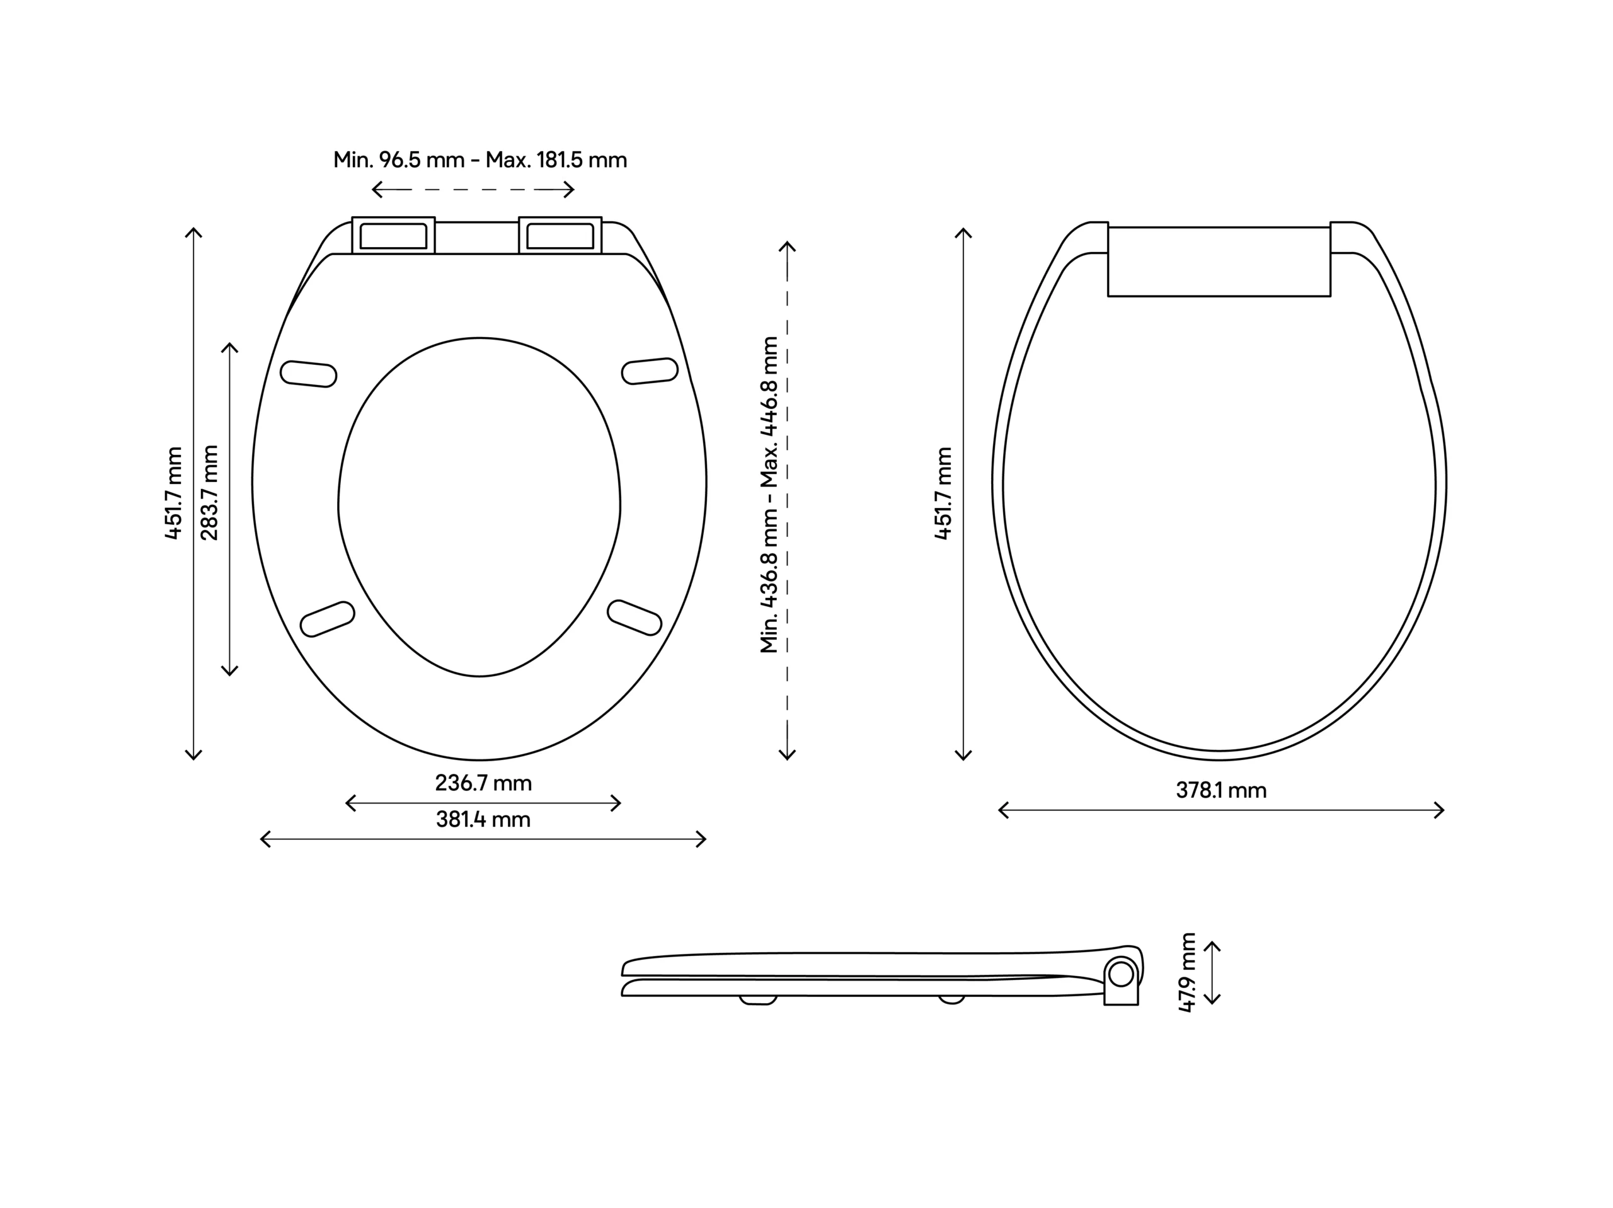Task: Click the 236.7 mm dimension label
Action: click(483, 783)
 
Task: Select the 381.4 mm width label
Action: click(483, 820)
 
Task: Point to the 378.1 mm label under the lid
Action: click(1220, 791)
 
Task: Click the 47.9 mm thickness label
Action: click(1187, 972)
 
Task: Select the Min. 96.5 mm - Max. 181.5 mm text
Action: click(480, 160)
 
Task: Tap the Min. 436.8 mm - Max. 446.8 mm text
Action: click(769, 495)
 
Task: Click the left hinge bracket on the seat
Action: click(394, 236)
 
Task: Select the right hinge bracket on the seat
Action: click(560, 236)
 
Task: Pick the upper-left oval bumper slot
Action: click(309, 374)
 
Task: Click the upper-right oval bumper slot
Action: click(650, 371)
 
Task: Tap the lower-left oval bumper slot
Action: click(328, 619)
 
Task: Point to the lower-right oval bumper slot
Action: click(634, 617)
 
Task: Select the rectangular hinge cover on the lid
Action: click(1219, 261)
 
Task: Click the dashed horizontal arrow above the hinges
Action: click(473, 190)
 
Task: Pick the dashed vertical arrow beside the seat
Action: click(787, 500)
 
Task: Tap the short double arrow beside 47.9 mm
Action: click(1211, 972)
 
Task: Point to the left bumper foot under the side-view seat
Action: click(759, 999)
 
